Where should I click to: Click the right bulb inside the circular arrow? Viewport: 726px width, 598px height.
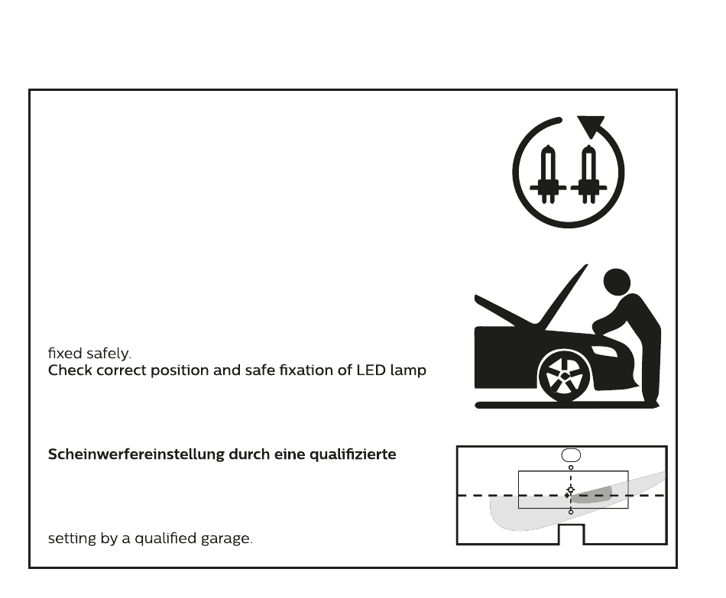[x=587, y=176]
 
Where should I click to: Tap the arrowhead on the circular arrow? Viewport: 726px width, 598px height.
[x=591, y=125]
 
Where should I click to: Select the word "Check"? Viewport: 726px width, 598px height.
[x=70, y=371]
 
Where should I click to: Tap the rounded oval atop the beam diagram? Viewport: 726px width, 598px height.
[x=571, y=455]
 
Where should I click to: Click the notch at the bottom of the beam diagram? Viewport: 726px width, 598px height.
[x=572, y=535]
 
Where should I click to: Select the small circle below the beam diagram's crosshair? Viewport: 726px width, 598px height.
[x=571, y=511]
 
